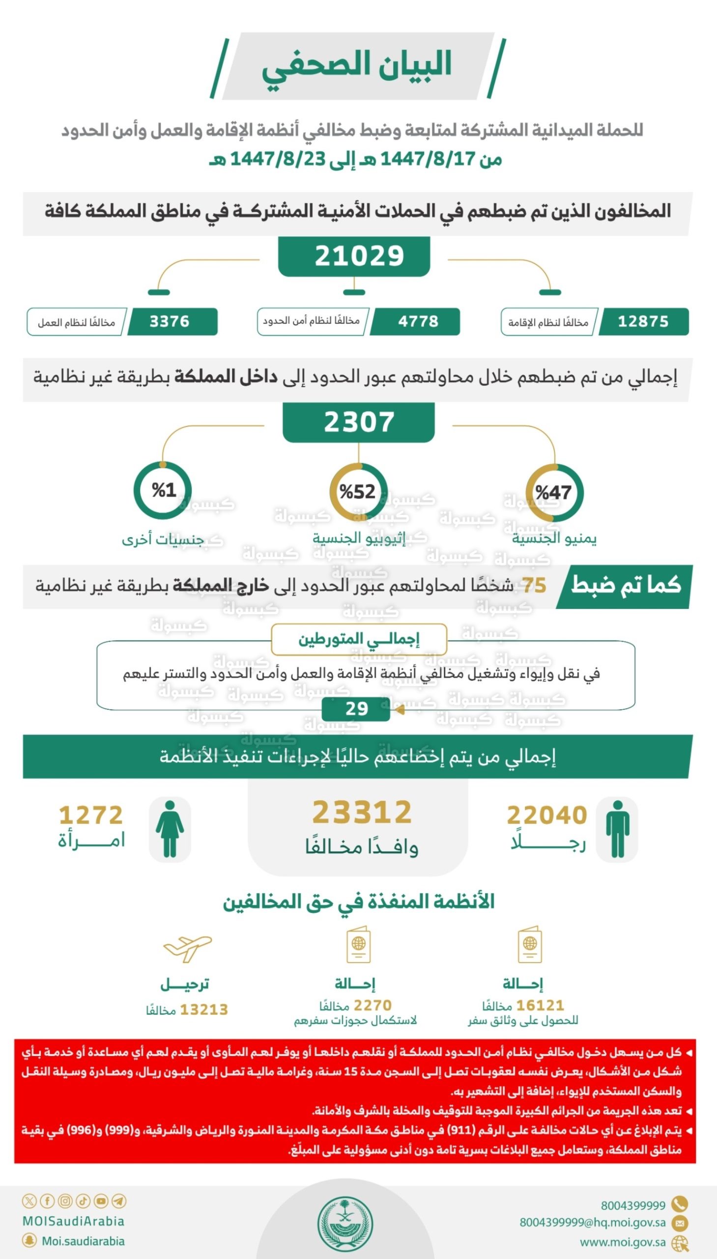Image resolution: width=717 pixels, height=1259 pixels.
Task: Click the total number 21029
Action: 359,256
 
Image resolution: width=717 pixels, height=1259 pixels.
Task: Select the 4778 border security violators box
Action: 418,322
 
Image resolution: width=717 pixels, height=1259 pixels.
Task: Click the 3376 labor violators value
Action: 170,322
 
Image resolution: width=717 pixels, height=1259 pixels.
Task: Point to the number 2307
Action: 359,422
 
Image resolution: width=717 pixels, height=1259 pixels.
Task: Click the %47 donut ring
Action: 554,492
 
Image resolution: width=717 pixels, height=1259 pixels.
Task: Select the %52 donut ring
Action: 358,491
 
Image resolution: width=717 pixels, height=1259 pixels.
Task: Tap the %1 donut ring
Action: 163,490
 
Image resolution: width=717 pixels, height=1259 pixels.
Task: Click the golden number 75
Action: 534,586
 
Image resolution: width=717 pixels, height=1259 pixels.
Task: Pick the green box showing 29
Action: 356,709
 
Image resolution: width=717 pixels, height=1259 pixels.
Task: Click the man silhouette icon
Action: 617,829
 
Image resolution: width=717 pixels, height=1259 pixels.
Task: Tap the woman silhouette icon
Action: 170,829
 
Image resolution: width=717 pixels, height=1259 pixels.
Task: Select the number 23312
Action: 362,812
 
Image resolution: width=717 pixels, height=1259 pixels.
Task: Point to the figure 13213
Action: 203,1010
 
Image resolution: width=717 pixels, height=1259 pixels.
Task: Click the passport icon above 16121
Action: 529,944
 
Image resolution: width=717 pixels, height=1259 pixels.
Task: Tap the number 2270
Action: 373,1005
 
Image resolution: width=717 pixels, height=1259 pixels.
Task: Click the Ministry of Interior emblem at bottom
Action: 344,1225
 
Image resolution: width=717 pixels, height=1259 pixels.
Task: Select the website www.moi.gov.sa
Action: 622,1242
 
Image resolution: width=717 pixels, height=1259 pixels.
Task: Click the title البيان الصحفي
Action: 356,66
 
